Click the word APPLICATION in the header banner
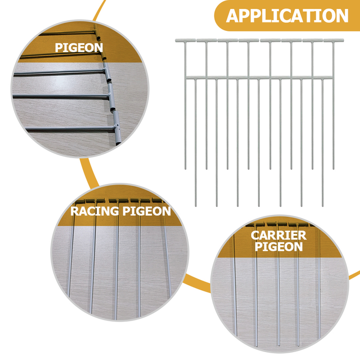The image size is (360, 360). [x=287, y=15]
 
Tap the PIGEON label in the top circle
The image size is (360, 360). [x=79, y=48]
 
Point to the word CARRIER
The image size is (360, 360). [x=278, y=236]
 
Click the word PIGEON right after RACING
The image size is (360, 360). [x=147, y=211]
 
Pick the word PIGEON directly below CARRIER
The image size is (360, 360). [x=278, y=247]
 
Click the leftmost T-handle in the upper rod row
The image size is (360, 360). [x=185, y=41]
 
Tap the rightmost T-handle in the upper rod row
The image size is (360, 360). [x=333, y=41]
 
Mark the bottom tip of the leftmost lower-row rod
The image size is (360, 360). [x=196, y=204]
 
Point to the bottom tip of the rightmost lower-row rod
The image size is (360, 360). [x=322, y=204]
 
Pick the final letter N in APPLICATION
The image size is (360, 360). [x=341, y=16]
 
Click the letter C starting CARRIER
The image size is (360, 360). [x=255, y=236]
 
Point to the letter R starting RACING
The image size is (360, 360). [x=74, y=211]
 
